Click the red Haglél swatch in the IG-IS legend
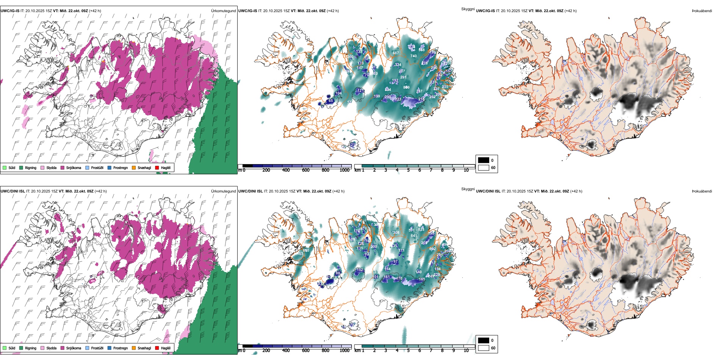(x=157, y=167)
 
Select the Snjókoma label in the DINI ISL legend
(x=74, y=348)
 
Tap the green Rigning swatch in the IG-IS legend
(x=21, y=167)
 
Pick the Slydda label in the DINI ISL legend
(x=52, y=348)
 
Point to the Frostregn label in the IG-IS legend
(x=121, y=167)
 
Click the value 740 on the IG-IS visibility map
(x=413, y=56)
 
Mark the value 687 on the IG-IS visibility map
(x=396, y=53)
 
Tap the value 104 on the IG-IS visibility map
(x=338, y=93)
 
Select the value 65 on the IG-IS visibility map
(x=331, y=101)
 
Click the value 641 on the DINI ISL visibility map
(x=414, y=236)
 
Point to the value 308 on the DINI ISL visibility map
(x=396, y=233)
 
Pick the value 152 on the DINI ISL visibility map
(x=360, y=270)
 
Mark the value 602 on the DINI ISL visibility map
(x=432, y=249)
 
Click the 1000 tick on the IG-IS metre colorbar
(x=344, y=170)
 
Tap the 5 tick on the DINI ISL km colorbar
(x=409, y=351)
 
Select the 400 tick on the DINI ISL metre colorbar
(x=286, y=351)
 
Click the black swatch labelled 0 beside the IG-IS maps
(x=484, y=160)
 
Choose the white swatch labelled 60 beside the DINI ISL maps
(x=484, y=348)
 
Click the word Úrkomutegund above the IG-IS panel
(x=223, y=11)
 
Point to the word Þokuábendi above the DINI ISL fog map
(x=702, y=191)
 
